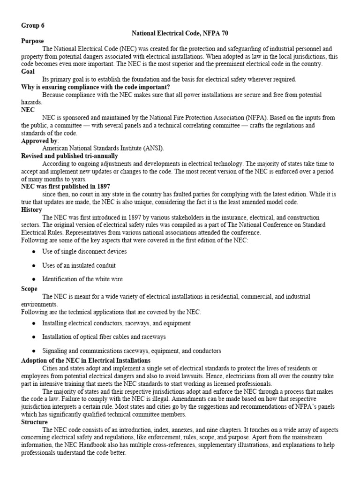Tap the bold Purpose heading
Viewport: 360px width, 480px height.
(34, 41)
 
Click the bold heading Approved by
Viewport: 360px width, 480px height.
(40, 141)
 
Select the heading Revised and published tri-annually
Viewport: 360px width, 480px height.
(70, 156)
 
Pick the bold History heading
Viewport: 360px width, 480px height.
(32, 210)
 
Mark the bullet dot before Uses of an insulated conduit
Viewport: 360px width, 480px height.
(34, 265)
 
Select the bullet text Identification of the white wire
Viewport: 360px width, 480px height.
(82, 279)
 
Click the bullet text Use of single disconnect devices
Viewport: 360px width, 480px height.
(84, 251)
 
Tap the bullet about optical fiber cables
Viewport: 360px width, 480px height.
(104, 337)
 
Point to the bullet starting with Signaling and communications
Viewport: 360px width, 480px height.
(125, 351)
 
